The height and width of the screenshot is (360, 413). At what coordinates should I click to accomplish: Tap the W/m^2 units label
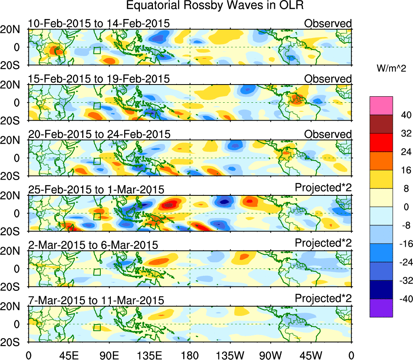pos(392,69)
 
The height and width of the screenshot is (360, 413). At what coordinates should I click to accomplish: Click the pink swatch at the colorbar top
pos(381,106)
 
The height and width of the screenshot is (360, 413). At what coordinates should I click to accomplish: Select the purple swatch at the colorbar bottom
pos(381,308)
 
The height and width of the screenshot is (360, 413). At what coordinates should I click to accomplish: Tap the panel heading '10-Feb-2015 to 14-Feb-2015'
pos(98,23)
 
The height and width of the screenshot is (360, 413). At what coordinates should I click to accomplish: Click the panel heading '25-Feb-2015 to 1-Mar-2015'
pos(96,189)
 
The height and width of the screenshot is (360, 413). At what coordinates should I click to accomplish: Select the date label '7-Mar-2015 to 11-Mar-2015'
pos(96,300)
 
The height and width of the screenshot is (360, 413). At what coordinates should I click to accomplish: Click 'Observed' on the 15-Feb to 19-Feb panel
pos(328,78)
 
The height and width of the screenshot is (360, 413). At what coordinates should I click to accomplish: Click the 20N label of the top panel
pos(13,30)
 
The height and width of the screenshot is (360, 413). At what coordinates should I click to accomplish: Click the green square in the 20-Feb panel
pos(97,161)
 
